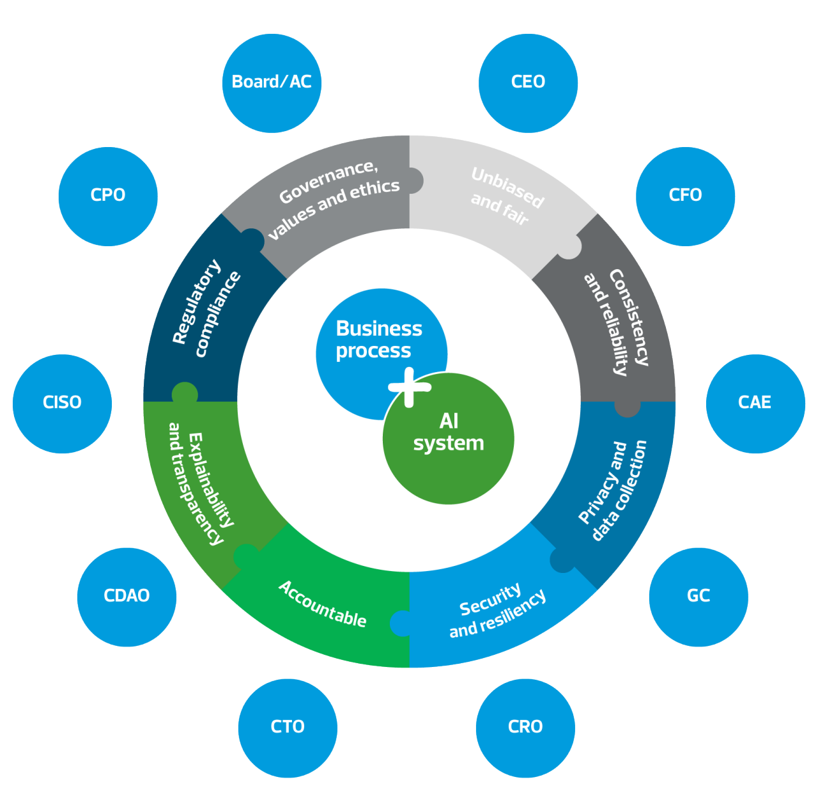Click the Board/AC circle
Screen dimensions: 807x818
(272, 83)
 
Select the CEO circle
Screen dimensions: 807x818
(528, 83)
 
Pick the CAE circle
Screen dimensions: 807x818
(755, 403)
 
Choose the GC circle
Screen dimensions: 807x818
(698, 597)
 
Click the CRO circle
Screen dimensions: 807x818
(525, 728)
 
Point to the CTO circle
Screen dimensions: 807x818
(288, 728)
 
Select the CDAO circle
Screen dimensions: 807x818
(127, 597)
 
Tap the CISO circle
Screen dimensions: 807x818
(62, 403)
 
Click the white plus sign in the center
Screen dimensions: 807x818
(410, 387)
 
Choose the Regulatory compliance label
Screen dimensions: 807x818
(206, 308)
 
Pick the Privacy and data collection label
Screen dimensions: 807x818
(612, 490)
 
